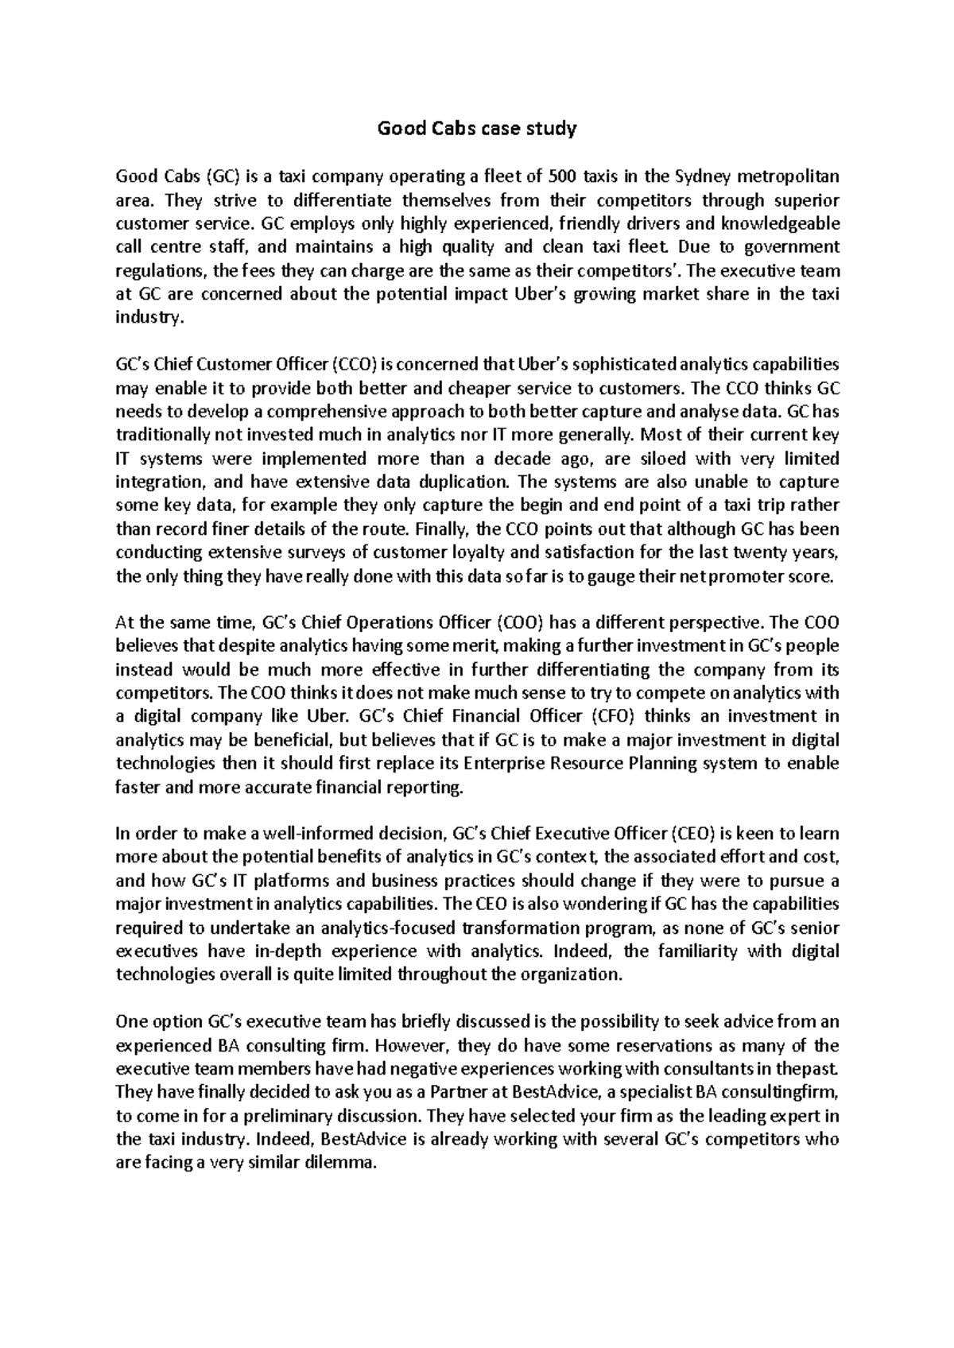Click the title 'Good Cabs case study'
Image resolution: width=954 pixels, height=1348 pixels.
pos(476,128)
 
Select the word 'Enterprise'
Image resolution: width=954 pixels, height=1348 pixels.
pos(498,764)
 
